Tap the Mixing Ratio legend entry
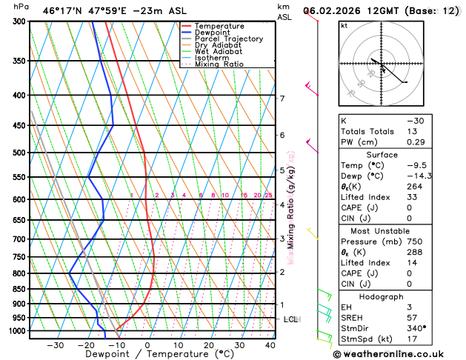click(x=219, y=64)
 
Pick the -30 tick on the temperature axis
click(x=55, y=345)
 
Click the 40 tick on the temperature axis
click(x=270, y=345)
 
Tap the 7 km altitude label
click(x=282, y=99)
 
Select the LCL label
click(x=291, y=319)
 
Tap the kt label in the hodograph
click(x=344, y=25)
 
